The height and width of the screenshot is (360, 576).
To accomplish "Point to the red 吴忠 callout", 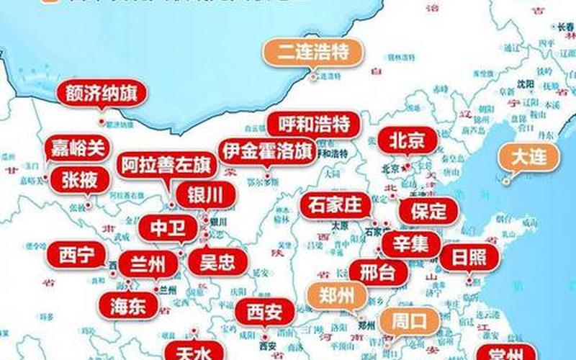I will click(216, 260).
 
